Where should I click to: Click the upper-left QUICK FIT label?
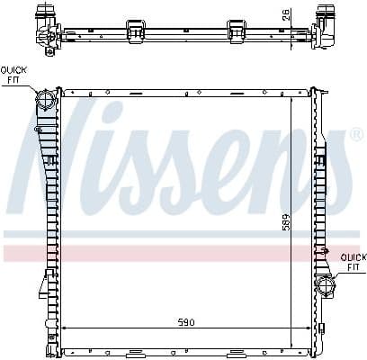point(13,74)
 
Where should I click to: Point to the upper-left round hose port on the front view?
point(45,100)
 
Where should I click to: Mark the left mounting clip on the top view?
point(136,30)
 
